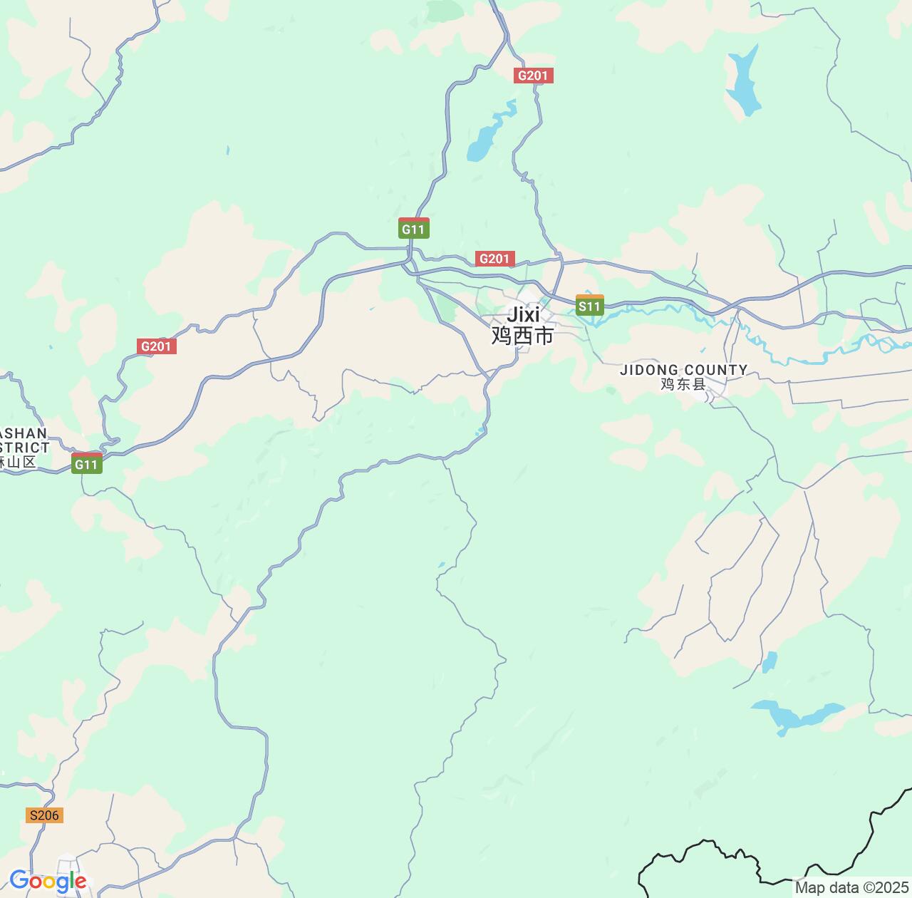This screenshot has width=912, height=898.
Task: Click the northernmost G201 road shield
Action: pos(533,76)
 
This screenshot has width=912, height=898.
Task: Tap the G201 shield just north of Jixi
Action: pos(494,259)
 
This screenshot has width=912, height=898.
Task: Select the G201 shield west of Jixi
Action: pos(156,346)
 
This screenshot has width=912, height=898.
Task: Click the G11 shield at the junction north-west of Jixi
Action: pos(413,229)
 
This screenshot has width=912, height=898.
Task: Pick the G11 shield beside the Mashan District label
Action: pos(87,464)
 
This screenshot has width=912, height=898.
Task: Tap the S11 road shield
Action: pos(589,306)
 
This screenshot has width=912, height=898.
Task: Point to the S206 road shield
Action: pos(43,815)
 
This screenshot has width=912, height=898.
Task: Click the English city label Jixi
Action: pos(523,314)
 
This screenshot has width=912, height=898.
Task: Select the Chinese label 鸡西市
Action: pos(522,336)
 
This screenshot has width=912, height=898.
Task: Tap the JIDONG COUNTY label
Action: pos(683,370)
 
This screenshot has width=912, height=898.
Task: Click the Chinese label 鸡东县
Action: pos(683,385)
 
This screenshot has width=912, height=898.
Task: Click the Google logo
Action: pos(48,881)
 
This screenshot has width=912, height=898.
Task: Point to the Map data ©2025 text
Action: pos(851,888)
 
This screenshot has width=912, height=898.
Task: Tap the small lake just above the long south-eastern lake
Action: pos(769,662)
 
